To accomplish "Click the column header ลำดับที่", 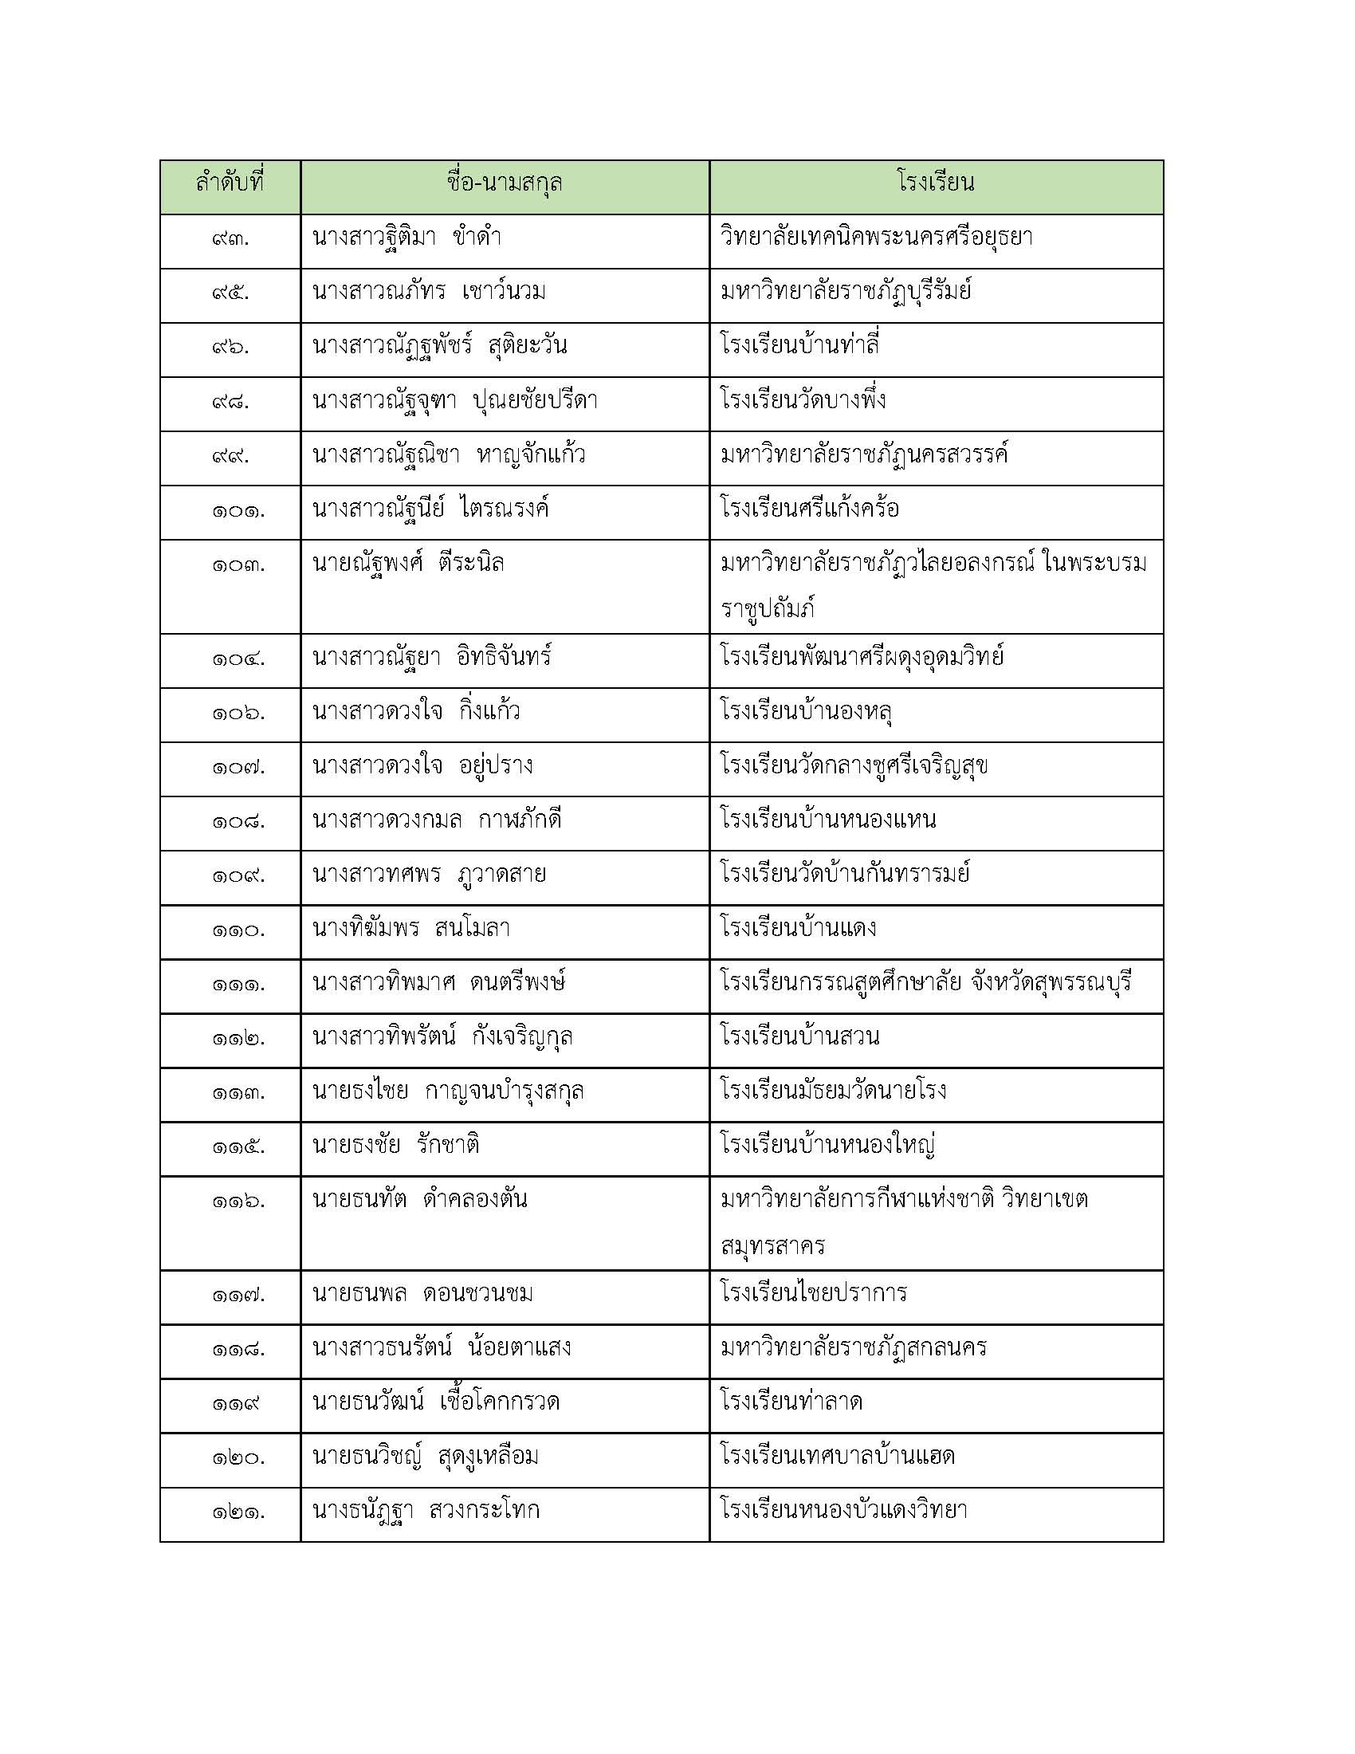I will pos(230,184).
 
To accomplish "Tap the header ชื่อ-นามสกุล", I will pos(504,184).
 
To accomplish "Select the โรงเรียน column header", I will pos(935,184).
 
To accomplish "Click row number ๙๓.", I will pos(230,239).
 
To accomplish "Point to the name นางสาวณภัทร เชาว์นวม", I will pos(429,293).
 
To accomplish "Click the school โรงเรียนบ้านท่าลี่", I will pos(799,346).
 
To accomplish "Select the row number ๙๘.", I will pos(230,402).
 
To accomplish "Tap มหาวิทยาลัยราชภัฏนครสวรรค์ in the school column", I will pos(864,455).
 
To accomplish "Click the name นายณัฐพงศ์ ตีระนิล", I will pos(408,564).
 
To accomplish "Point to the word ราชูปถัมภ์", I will pos(768,609).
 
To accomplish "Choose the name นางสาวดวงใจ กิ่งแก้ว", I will pos(416,711).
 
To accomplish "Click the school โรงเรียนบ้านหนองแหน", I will pos(827,820).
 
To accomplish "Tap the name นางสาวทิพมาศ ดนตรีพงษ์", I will pos(438,983).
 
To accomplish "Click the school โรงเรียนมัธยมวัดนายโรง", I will pos(833,1091).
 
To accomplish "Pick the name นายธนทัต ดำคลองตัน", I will pos(419,1201).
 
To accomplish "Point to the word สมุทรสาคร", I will pos(772,1245).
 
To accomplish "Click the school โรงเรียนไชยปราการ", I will pos(813,1294).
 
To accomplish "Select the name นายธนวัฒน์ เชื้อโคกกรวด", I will pos(435,1403).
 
